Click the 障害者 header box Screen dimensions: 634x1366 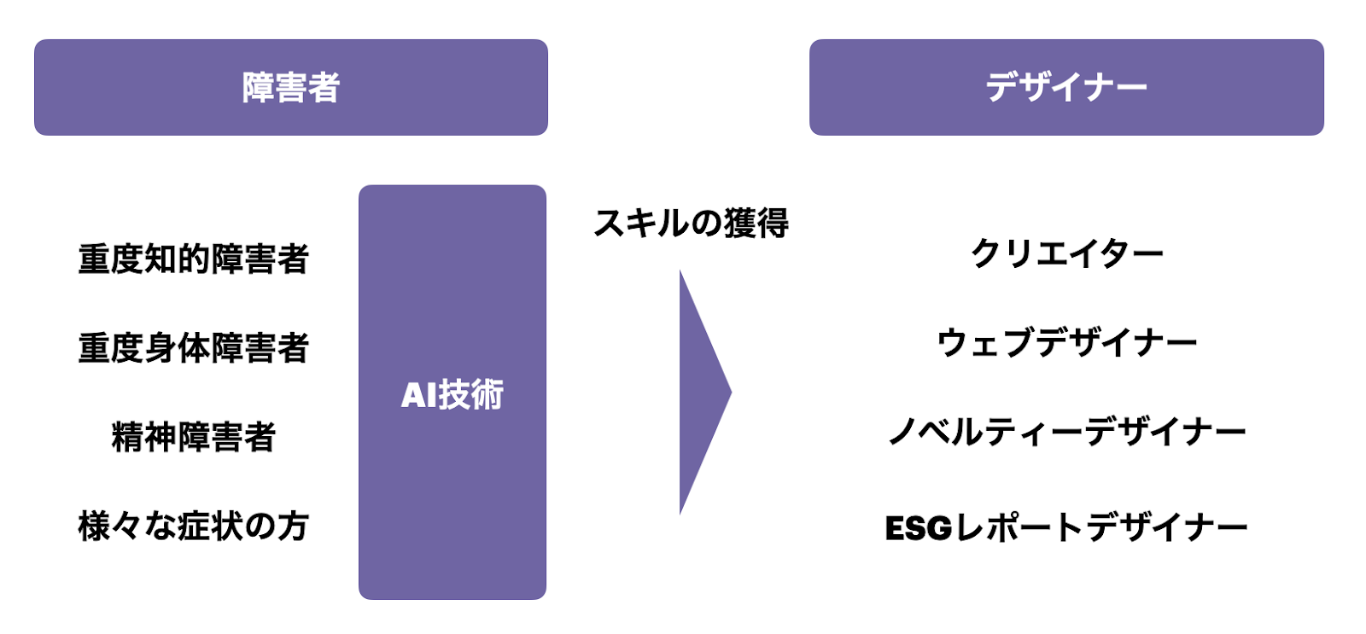click(x=290, y=87)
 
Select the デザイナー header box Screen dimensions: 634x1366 click(x=1066, y=87)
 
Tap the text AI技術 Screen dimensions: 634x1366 click(x=452, y=394)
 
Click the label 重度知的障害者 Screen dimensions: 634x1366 click(x=193, y=259)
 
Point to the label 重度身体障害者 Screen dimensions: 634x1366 click(x=193, y=348)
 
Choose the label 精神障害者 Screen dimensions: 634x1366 click(x=193, y=437)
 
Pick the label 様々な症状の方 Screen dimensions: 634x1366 click(x=193, y=526)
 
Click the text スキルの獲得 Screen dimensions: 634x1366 click(x=691, y=223)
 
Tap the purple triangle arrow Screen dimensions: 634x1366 click(x=700, y=393)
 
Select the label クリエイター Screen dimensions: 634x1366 click(x=1066, y=253)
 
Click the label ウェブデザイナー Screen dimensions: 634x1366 click(x=1066, y=343)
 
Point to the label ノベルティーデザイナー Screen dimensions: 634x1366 click(x=1066, y=433)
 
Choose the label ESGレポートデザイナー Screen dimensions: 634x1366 click(x=1066, y=527)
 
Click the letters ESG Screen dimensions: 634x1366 click(x=919, y=528)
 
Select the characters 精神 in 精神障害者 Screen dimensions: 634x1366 click(x=143, y=437)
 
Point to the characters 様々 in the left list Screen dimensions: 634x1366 click(x=110, y=526)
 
